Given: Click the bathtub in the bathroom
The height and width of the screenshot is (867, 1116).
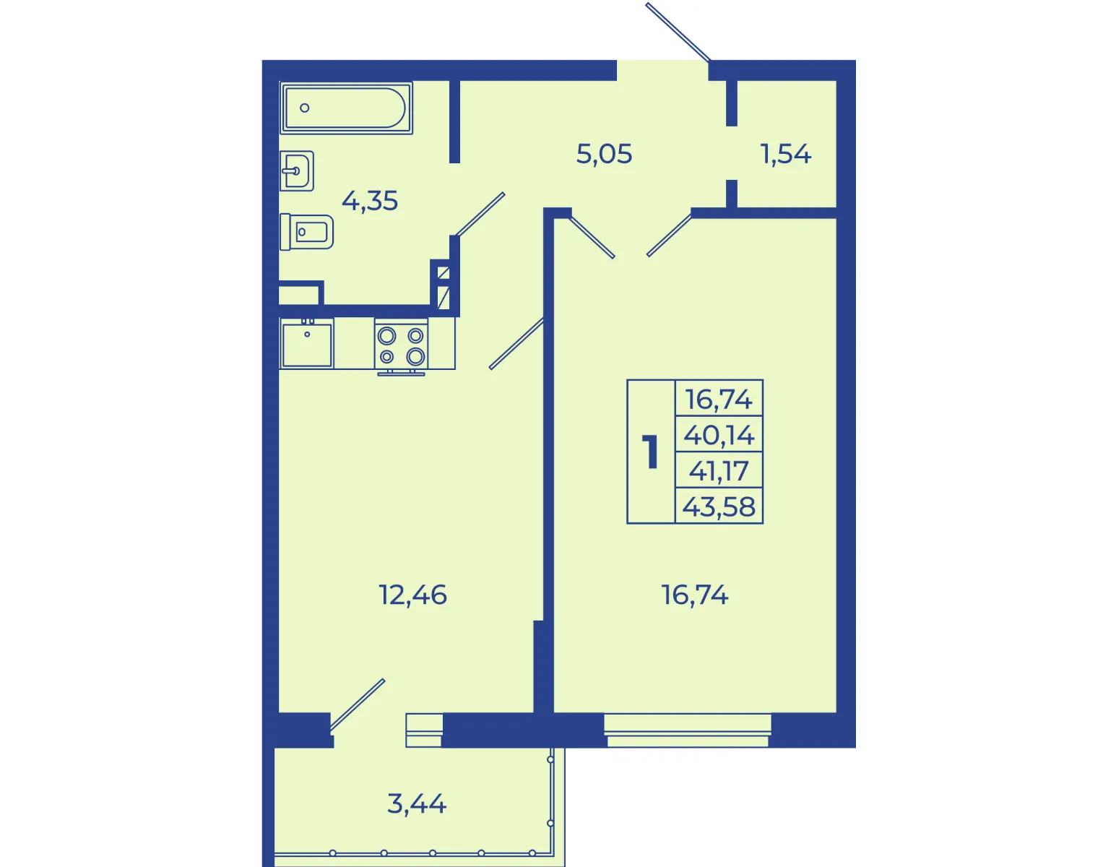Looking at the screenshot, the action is (346, 108).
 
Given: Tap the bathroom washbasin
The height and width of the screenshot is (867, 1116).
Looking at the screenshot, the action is (297, 171).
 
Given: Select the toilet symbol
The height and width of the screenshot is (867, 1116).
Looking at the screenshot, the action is (306, 232).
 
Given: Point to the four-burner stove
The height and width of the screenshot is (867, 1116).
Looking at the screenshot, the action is (401, 345).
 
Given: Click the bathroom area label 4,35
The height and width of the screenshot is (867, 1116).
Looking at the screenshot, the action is (370, 201).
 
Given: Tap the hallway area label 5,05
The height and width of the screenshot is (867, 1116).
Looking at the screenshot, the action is (604, 154).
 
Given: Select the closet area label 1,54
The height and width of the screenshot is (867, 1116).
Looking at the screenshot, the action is (786, 154).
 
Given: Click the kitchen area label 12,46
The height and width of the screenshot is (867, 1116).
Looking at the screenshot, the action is (413, 595).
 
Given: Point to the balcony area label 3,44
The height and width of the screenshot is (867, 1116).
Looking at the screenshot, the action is (417, 804).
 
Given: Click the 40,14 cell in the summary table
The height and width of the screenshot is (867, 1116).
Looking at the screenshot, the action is (719, 435).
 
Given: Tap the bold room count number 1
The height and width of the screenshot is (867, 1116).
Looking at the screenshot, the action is (651, 452).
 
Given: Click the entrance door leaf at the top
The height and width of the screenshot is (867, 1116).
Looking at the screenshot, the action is (678, 32).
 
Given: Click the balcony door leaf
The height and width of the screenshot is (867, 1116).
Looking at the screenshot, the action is (357, 704).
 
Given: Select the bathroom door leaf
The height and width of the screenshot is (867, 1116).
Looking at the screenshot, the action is (480, 215).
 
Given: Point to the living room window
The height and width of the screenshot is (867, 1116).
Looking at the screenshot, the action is (688, 730).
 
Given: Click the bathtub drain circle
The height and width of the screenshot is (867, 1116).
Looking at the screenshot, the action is (305, 108).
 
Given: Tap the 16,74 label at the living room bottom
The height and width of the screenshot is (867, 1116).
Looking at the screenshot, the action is (695, 595).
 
